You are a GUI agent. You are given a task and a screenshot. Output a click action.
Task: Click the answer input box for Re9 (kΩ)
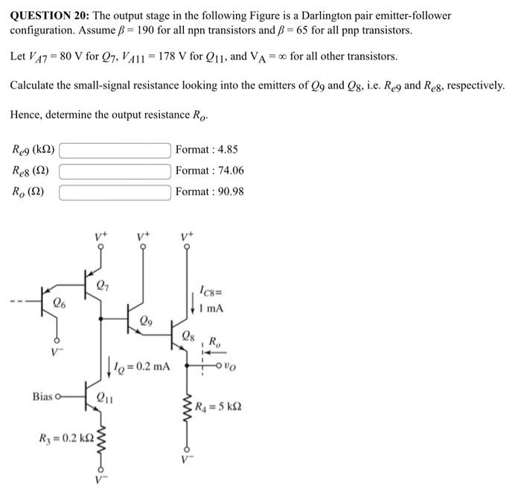(115, 150)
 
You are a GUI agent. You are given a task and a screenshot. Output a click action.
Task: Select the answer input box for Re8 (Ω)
(115, 171)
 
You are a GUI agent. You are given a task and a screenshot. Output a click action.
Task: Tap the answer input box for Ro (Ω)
(115, 192)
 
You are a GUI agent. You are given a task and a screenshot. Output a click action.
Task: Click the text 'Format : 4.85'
(207, 150)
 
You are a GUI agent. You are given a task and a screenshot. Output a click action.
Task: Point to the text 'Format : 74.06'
(210, 171)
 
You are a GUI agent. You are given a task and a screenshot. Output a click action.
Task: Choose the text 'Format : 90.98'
(210, 192)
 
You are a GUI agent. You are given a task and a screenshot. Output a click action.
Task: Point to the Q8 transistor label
(189, 335)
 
